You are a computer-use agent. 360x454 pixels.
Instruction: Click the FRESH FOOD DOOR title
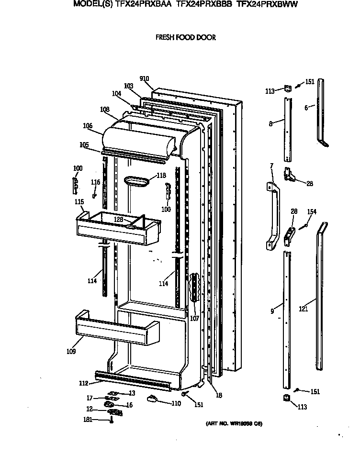click(x=185, y=37)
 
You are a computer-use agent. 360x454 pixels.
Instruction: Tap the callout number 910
click(x=144, y=78)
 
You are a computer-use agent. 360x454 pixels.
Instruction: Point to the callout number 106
click(x=88, y=126)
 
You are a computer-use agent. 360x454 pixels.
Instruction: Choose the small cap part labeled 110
click(x=152, y=399)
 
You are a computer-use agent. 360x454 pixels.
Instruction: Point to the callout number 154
click(x=312, y=211)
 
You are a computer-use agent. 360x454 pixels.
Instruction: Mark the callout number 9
click(x=272, y=311)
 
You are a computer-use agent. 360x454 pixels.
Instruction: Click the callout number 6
click(x=306, y=108)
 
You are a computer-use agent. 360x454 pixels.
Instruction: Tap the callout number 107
click(x=194, y=318)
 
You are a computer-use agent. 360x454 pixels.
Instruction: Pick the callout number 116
click(x=96, y=182)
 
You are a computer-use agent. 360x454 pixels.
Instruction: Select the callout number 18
click(x=219, y=395)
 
